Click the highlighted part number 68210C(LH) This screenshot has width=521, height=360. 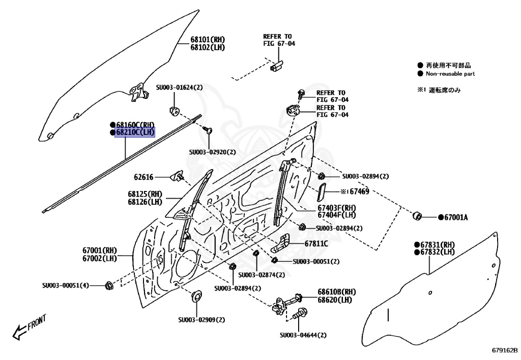135,132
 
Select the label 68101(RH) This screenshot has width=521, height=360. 208,40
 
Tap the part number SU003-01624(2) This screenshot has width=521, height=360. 179,88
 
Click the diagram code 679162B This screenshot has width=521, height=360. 504,350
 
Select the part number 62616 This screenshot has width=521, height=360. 143,177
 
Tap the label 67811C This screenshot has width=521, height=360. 316,244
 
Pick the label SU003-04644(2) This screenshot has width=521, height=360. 303,335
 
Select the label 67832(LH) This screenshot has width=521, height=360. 437,252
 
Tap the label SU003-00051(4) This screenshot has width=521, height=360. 65,286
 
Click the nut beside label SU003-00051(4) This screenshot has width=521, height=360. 108,285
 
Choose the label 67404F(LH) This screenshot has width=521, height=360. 337,215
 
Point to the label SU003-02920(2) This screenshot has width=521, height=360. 213,152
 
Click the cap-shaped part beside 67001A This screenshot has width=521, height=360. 417,215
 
